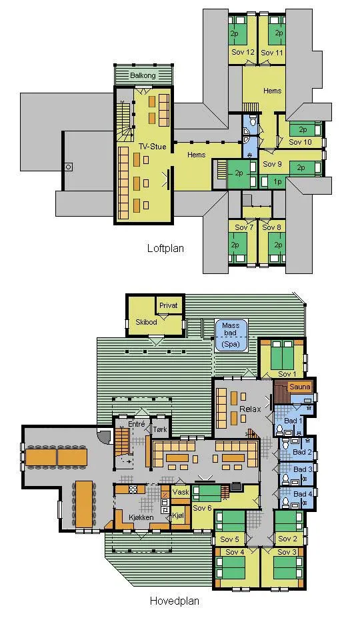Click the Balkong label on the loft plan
[143, 75]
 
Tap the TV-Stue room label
[152, 147]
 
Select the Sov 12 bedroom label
[243, 52]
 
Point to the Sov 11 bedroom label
[273, 52]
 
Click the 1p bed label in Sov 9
[278, 181]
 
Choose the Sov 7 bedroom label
[244, 227]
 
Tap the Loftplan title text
[165, 249]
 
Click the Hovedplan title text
[175, 601]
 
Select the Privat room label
[169, 305]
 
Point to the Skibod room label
[147, 322]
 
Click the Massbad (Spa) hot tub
[231, 335]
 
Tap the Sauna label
[299, 387]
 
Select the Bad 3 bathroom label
[303, 469]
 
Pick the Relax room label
[251, 409]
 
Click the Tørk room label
[160, 429]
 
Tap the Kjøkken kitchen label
[141, 517]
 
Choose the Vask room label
[181, 493]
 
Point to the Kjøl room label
[179, 516]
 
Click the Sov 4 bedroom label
[235, 552]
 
